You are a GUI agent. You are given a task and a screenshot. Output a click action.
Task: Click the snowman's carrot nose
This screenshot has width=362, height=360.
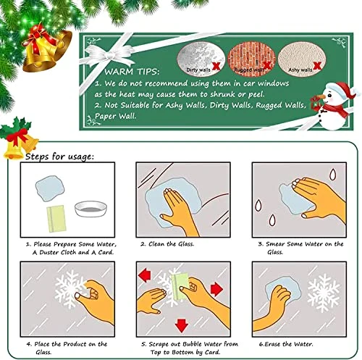pyautogui.click(x=319, y=97)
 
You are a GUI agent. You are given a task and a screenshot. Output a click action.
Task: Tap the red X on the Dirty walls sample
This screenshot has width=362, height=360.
pyautogui.click(x=216, y=65)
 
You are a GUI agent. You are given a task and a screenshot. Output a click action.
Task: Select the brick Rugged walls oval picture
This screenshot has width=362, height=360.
pyautogui.click(x=251, y=59)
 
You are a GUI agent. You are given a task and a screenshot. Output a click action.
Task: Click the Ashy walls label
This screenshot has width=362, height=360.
pyautogui.click(x=300, y=70)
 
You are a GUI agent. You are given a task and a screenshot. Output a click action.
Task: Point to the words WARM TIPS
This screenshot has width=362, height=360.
pyautogui.click(x=132, y=72)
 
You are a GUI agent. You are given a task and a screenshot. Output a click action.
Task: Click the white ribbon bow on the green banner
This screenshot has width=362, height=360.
pyautogui.click(x=107, y=55)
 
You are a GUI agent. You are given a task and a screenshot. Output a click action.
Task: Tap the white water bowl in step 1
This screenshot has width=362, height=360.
pyautogui.click(x=90, y=209)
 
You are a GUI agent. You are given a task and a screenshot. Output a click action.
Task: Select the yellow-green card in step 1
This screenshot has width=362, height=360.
pyautogui.click(x=56, y=218)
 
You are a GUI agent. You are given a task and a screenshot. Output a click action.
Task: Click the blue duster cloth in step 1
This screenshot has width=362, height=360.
pyautogui.click(x=50, y=188)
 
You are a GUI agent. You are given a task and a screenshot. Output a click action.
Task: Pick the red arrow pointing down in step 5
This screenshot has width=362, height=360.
pyautogui.click(x=182, y=325)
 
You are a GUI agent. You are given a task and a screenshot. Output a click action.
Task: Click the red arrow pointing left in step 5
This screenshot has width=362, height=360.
pyautogui.click(x=145, y=275)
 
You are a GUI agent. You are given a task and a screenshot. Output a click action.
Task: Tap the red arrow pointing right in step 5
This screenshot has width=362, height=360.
pyautogui.click(x=216, y=289)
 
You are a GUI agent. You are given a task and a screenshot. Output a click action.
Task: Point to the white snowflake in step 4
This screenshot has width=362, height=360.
pyautogui.click(x=68, y=289)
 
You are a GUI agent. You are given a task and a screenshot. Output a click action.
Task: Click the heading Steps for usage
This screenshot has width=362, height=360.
pyautogui.click(x=59, y=156)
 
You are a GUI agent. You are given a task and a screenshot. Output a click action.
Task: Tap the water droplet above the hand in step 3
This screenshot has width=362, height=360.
pyautogui.click(x=332, y=174)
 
